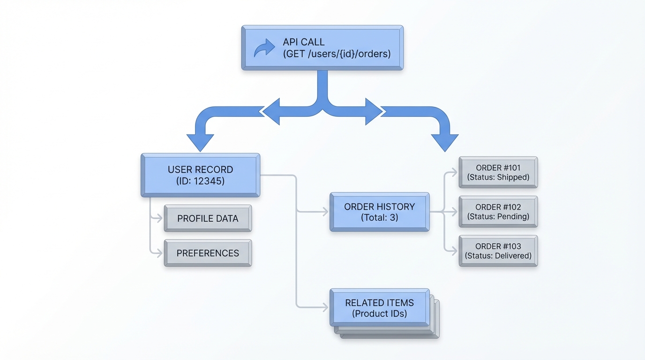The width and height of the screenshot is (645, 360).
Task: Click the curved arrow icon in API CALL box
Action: point(264,48)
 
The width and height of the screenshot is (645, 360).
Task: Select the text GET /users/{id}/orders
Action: point(337,54)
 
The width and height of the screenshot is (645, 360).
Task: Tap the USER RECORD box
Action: point(200,175)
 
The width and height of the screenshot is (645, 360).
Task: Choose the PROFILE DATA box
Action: point(208,218)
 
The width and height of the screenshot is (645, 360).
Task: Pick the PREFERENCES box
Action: point(208,253)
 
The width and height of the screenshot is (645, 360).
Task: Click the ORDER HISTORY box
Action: point(379,212)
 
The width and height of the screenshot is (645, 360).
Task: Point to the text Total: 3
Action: point(379,217)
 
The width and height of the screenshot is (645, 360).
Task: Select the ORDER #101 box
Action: point(498,172)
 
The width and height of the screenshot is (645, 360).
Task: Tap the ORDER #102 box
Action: point(498,212)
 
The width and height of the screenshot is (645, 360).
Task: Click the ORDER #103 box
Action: point(498,251)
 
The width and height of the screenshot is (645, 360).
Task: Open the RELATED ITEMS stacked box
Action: point(379,308)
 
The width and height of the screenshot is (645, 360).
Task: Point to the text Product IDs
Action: point(379,314)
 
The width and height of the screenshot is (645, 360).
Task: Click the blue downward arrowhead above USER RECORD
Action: point(200,142)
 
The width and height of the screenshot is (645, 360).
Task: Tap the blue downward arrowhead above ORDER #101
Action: point(444,142)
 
